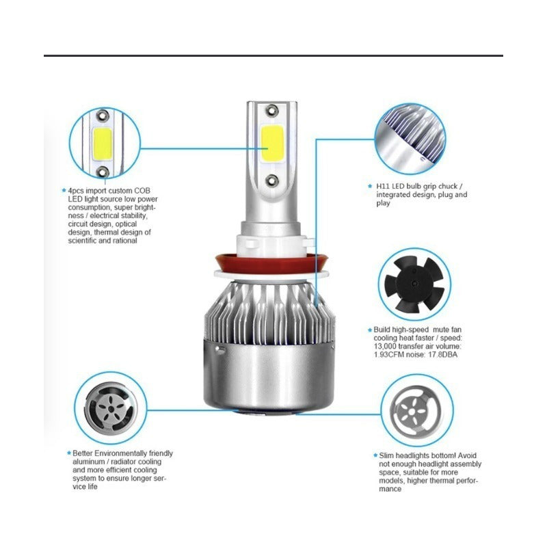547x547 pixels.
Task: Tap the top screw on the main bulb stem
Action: click(x=273, y=110)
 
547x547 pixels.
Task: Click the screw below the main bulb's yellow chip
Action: click(x=273, y=181)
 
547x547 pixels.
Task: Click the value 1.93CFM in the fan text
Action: click(x=388, y=354)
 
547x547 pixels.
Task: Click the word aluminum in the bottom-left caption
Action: click(x=90, y=462)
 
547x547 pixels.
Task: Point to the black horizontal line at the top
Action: click(x=273, y=55)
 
